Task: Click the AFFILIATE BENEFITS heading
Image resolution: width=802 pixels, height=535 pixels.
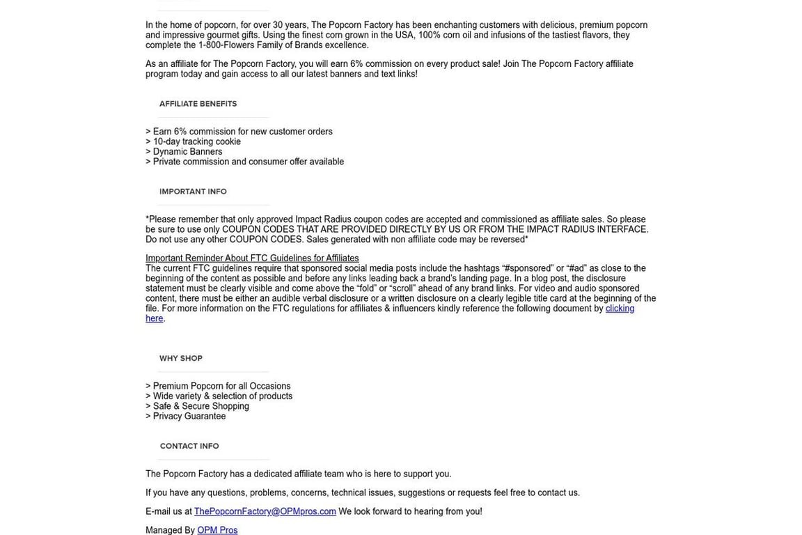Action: click(x=198, y=104)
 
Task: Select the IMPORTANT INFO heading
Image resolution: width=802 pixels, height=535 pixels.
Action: click(x=193, y=192)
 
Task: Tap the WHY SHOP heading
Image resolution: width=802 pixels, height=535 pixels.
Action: click(x=181, y=359)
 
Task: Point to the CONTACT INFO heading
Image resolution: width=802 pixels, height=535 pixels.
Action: click(x=189, y=447)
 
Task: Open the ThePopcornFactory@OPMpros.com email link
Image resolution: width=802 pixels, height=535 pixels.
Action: click(x=265, y=511)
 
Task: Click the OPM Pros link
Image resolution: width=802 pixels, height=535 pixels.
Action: click(x=217, y=530)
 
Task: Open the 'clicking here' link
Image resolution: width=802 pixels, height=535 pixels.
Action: click(x=620, y=309)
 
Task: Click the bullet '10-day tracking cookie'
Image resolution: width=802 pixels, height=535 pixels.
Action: click(x=196, y=141)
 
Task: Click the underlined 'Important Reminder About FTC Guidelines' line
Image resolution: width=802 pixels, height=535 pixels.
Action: click(x=252, y=258)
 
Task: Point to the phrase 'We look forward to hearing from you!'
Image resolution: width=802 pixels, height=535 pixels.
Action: click(x=410, y=511)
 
